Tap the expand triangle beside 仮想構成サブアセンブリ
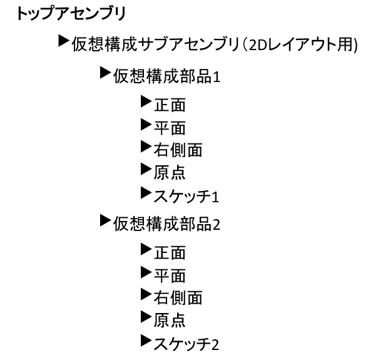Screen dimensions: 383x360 pos(63,43)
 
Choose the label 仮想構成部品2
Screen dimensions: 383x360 pos(166,223)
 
